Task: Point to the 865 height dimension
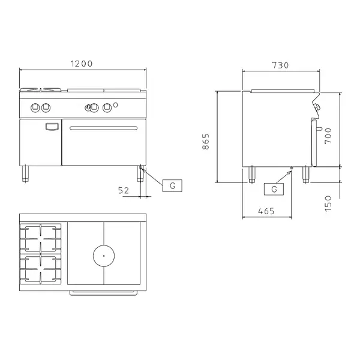(206, 142)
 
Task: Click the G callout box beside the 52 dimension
(172, 185)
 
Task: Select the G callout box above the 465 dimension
(274, 189)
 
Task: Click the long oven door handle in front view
(101, 128)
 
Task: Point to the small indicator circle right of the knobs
(116, 106)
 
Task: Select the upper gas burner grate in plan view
(41, 237)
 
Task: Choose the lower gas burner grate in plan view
(41, 268)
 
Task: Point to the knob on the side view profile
(316, 107)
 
